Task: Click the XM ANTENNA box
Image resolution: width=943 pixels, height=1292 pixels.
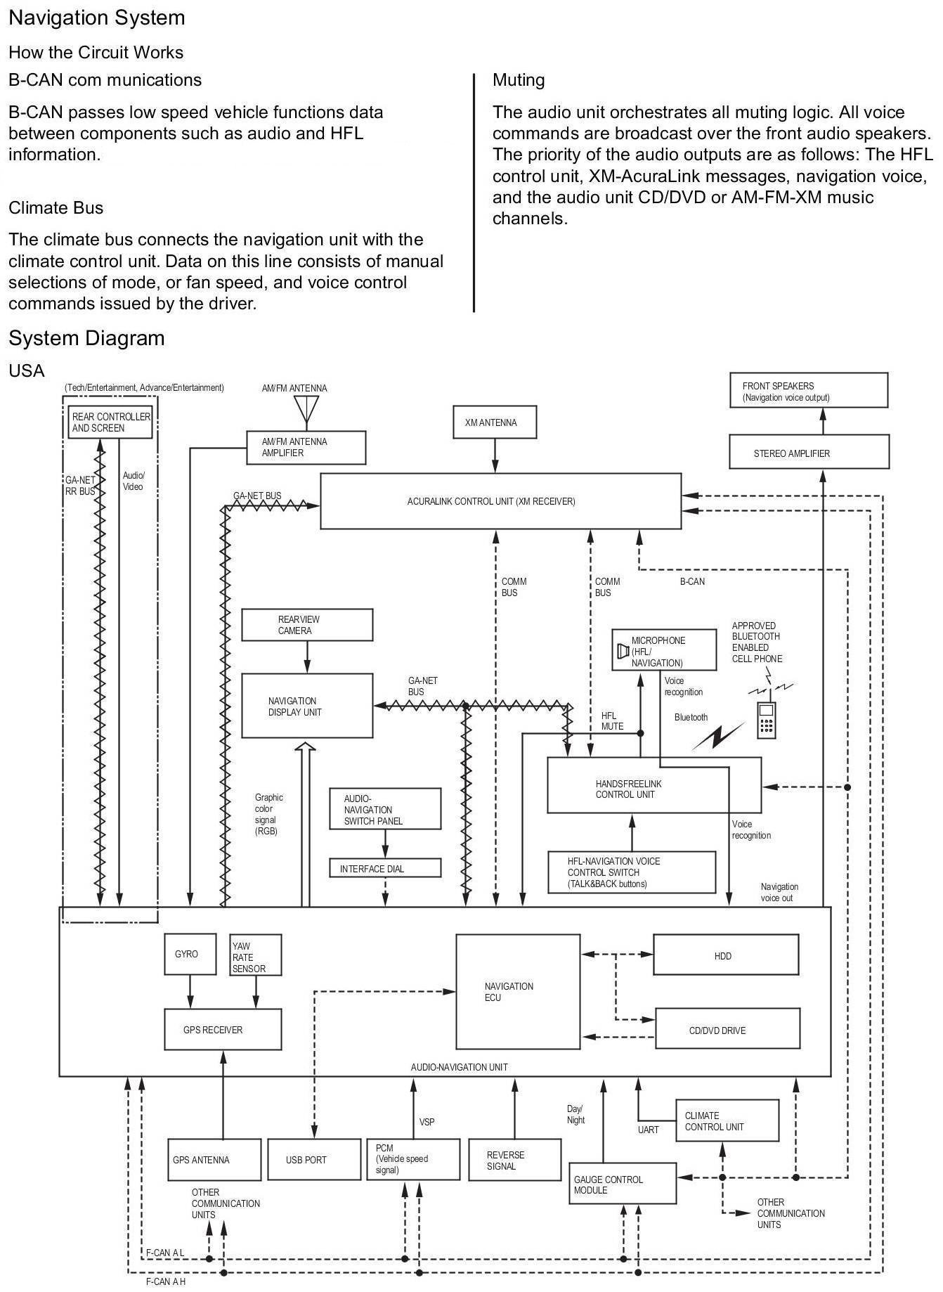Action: [495, 422]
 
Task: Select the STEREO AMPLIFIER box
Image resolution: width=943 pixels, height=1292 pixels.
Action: [809, 452]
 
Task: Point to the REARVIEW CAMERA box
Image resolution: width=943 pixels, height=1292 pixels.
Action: [307, 625]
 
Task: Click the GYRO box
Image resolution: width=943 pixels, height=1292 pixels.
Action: [190, 955]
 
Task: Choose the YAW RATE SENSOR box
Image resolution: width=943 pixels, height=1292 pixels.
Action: [256, 955]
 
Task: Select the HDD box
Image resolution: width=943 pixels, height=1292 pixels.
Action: [726, 955]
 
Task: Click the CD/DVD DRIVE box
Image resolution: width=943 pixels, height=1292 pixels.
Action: [727, 1028]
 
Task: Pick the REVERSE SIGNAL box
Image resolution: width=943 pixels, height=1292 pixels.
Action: [514, 1159]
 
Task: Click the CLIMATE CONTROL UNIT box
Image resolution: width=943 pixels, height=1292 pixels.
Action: [727, 1120]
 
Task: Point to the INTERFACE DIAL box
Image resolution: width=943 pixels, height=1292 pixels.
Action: [385, 868]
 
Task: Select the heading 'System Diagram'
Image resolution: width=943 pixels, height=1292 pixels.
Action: [86, 338]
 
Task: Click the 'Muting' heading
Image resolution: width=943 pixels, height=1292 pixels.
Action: [519, 80]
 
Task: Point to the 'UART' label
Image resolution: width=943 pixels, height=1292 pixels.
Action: [649, 1130]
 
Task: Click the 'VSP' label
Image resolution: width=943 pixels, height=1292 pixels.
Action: [427, 1122]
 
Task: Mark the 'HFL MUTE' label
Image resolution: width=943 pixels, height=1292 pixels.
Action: [612, 721]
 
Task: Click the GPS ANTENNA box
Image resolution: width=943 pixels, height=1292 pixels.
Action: [214, 1159]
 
